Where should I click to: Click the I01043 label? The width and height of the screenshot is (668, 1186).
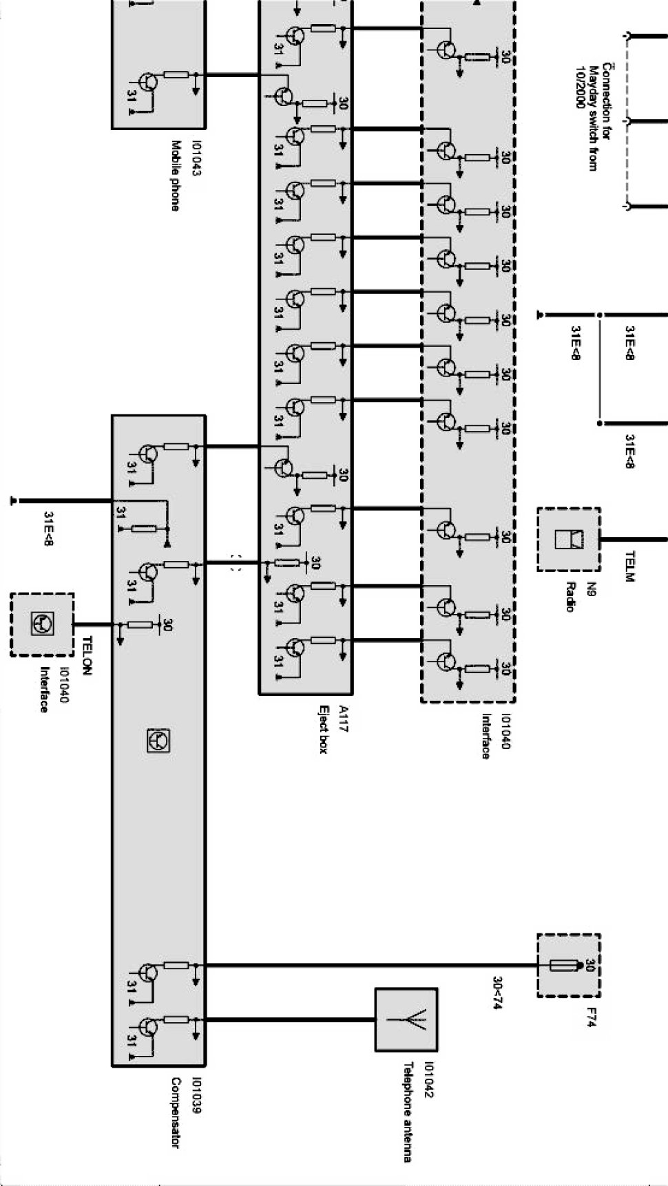[x=196, y=158]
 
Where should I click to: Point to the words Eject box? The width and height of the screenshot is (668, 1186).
[x=322, y=729]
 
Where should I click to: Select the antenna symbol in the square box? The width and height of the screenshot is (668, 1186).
[x=406, y=1019]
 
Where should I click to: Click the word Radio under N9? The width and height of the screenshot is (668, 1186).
[x=570, y=596]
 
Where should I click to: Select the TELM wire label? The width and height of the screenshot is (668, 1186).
[x=628, y=566]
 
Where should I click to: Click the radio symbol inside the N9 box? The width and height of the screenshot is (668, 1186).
[x=569, y=539]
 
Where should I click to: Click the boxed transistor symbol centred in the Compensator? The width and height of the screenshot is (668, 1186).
[x=158, y=741]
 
